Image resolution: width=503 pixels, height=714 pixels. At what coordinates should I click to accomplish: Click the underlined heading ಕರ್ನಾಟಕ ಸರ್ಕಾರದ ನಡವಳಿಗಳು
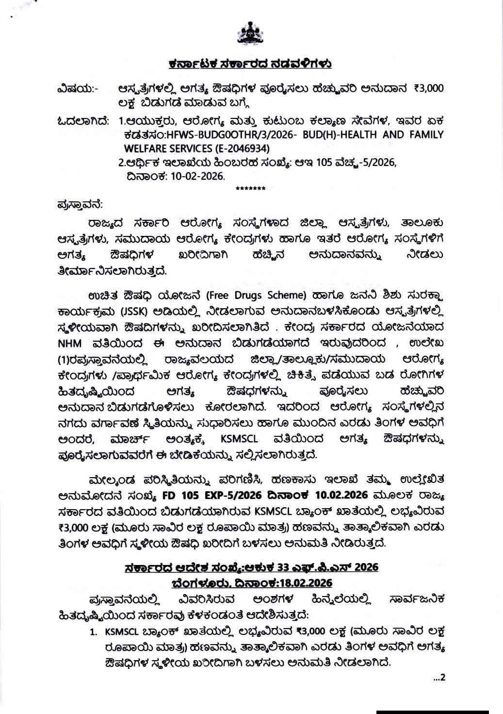pos(250,64)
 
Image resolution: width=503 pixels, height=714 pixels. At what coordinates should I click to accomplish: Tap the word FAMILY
pos(424,134)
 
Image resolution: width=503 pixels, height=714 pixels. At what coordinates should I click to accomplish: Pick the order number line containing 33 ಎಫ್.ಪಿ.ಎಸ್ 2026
pos(251,567)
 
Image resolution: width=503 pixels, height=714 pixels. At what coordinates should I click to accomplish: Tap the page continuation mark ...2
pos(438,678)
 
